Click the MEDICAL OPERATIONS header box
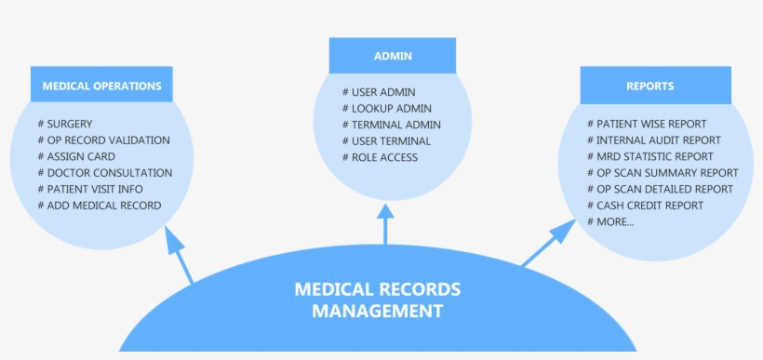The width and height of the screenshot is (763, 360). tap(102, 86)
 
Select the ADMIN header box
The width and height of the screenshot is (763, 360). tap(393, 56)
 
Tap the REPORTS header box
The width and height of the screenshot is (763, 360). tap(649, 86)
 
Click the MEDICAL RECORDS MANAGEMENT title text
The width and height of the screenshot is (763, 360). tap(377, 300)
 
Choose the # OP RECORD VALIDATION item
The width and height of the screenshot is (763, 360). tap(103, 140)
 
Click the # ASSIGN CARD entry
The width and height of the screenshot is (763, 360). tap(79, 156)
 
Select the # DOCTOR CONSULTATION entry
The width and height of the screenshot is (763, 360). tap(105, 173)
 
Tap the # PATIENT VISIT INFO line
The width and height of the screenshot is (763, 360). tap(90, 189)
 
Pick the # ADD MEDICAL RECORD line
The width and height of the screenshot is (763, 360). tap(100, 206)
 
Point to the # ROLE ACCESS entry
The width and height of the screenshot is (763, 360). tap(380, 157)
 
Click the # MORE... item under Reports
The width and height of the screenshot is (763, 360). tap(610, 221)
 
